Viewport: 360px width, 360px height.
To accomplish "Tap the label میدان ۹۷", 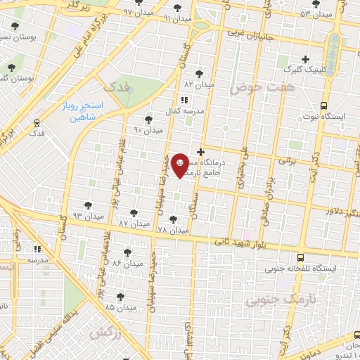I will tap(138, 13).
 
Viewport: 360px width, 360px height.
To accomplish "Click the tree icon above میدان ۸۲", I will tap(200, 73).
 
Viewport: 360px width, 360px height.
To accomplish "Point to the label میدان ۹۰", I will tap(148, 130).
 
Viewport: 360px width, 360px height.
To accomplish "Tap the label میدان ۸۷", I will tap(134, 223).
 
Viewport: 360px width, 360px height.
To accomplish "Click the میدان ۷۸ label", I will tap(173, 230).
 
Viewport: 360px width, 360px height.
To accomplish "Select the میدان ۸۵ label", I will tap(120, 307).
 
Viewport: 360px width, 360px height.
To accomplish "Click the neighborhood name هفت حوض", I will tap(254, 88).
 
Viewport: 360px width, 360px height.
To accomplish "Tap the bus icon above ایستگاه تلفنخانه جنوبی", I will tap(300, 257).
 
